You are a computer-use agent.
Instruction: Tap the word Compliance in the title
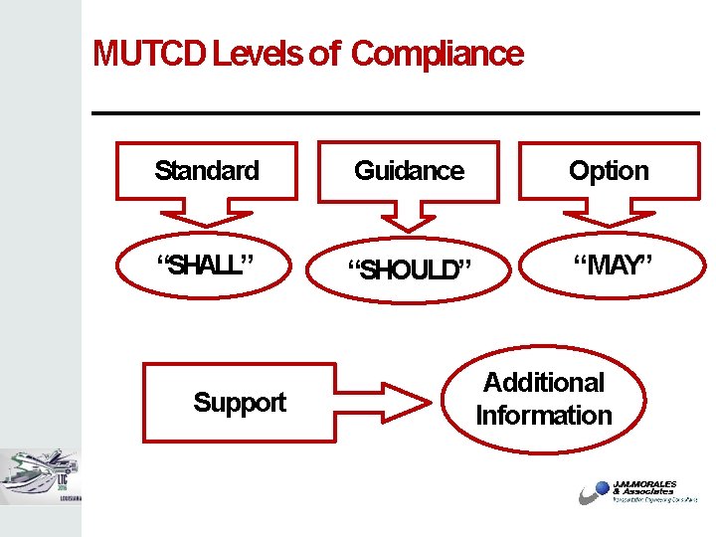[x=438, y=54]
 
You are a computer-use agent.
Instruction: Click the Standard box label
[x=207, y=171]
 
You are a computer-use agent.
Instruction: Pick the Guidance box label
[x=409, y=171]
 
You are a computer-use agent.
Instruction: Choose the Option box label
[x=609, y=171]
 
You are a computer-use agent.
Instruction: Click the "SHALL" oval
[x=206, y=266]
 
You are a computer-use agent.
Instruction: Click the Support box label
[x=240, y=402]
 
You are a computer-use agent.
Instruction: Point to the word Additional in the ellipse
[x=544, y=383]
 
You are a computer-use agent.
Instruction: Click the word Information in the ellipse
[x=544, y=416]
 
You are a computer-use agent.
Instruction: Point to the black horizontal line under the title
[x=396, y=113]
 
